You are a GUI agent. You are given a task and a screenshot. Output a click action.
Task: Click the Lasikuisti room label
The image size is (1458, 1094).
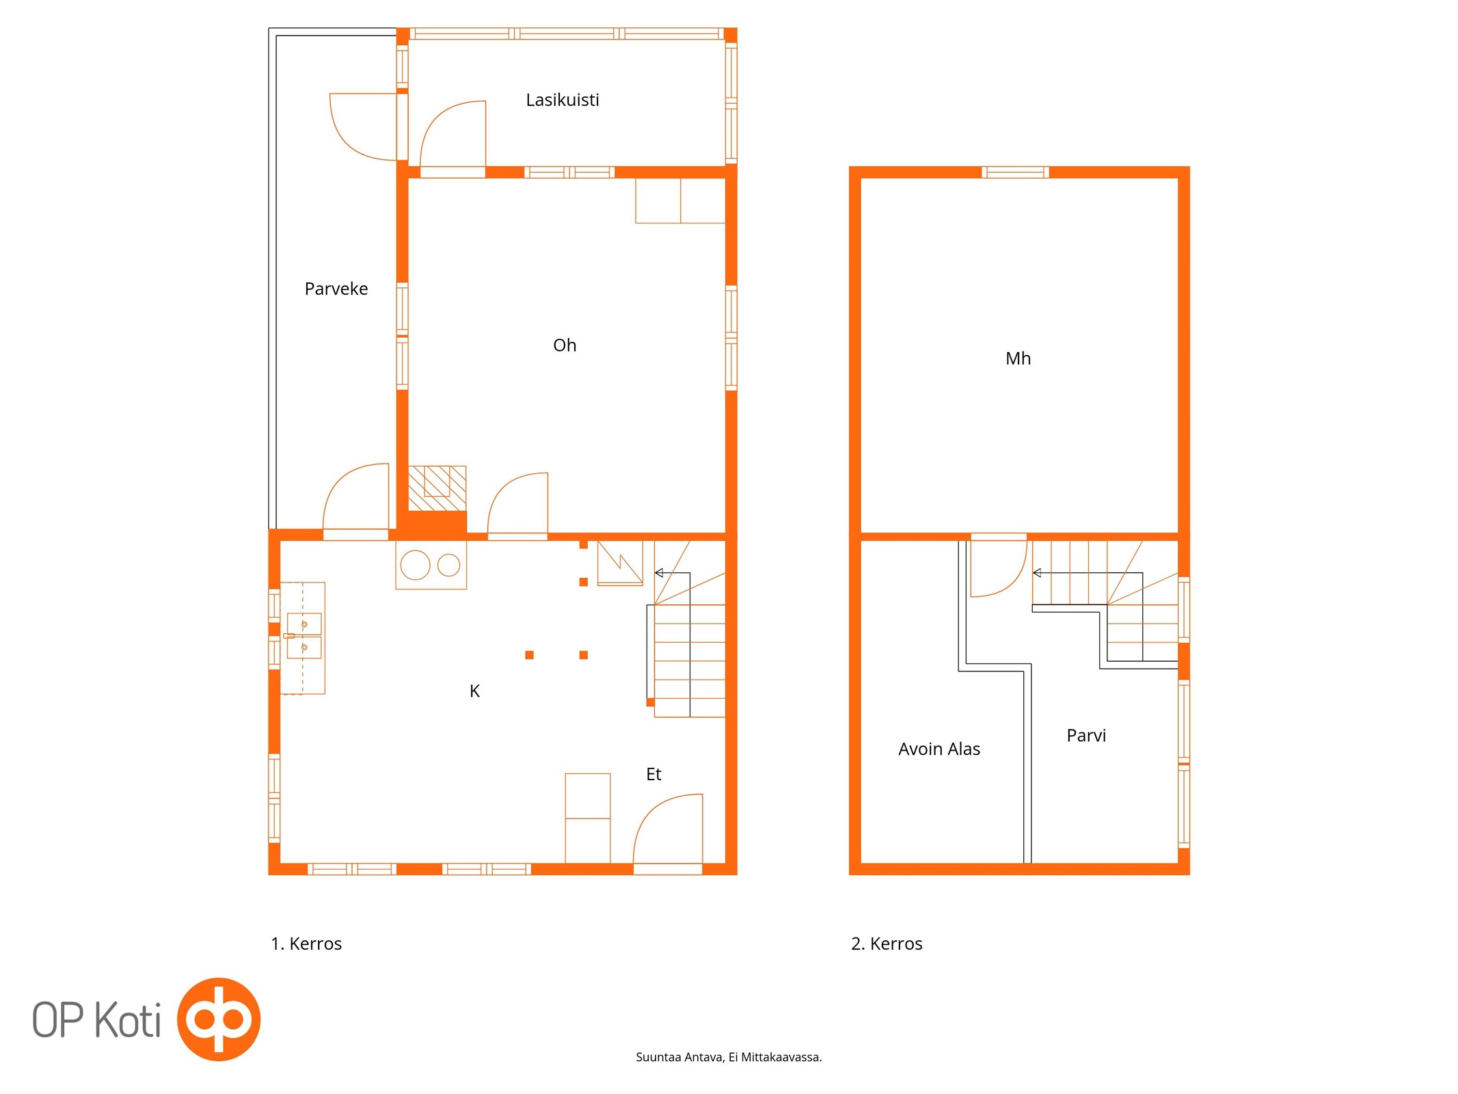[x=562, y=100]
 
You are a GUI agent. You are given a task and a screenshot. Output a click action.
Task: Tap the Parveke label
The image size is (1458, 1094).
[x=336, y=289]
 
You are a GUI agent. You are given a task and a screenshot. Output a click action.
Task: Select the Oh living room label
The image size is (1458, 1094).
[x=565, y=345]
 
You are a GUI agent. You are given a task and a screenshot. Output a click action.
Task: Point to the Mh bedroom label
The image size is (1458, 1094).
[x=1018, y=358]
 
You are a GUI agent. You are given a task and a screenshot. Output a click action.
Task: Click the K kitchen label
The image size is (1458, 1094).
[x=474, y=691]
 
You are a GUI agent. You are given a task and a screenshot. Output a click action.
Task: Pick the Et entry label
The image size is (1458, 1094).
[x=653, y=774]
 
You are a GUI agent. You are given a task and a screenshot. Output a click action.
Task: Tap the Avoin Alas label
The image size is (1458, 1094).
[x=939, y=749]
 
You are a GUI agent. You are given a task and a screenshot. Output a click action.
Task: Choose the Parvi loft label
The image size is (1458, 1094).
[x=1085, y=735]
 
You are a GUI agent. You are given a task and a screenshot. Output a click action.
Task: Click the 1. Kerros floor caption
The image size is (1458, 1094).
[x=306, y=944]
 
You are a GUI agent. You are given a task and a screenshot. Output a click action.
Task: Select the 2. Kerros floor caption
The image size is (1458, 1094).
[x=887, y=944]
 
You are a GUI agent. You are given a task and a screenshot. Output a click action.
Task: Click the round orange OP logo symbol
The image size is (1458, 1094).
[x=219, y=1019]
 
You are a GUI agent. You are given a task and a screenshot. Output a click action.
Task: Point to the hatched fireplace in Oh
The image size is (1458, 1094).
[x=437, y=488]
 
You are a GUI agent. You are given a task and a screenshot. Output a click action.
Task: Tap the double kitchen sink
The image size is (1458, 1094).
[x=304, y=636]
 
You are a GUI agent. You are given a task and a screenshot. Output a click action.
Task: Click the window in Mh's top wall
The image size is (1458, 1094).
[x=1015, y=172]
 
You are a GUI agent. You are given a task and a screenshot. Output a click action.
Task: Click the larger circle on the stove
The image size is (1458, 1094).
[x=415, y=565]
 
